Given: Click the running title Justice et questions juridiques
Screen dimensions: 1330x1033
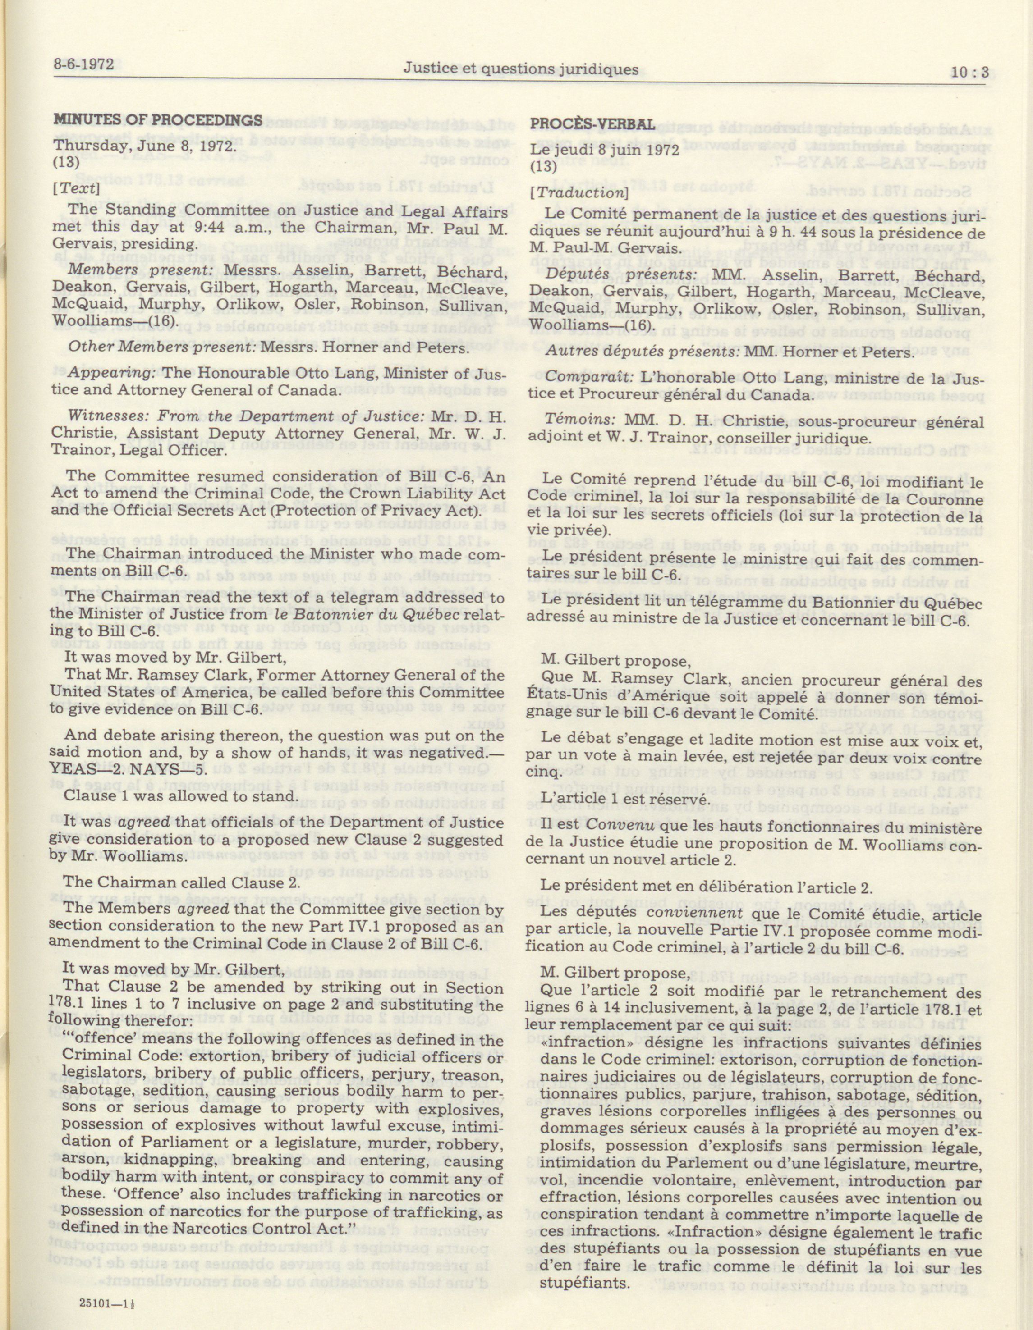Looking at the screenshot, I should tap(521, 69).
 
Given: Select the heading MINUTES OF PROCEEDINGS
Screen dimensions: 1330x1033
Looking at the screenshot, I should tap(158, 120).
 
